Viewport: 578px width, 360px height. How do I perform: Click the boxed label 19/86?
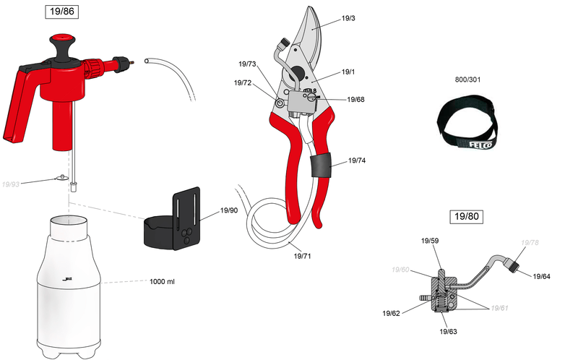point(61,12)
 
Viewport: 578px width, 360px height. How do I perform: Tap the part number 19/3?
point(348,18)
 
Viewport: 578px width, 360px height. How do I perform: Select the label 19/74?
point(357,160)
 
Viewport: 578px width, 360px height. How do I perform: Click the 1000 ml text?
point(162,281)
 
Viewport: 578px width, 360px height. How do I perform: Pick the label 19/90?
point(229,211)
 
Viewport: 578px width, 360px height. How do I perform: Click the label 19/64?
point(542,276)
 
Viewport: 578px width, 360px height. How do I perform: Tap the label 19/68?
point(355,99)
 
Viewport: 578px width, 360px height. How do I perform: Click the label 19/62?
point(392,313)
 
